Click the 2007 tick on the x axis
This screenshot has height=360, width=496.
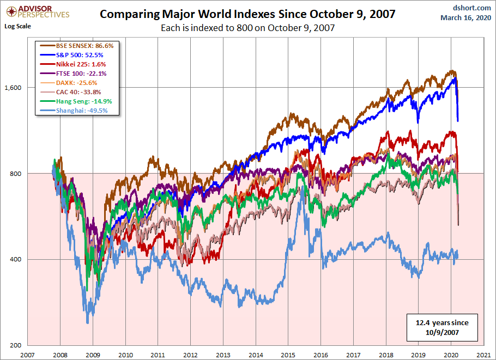[x=28, y=355]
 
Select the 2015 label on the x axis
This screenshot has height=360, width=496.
[x=288, y=355]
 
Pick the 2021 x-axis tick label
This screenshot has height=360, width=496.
[x=483, y=355]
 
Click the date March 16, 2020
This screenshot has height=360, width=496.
[x=465, y=17]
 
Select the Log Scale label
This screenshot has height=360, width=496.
[x=18, y=26]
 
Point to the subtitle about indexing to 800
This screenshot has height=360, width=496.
[x=247, y=27]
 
